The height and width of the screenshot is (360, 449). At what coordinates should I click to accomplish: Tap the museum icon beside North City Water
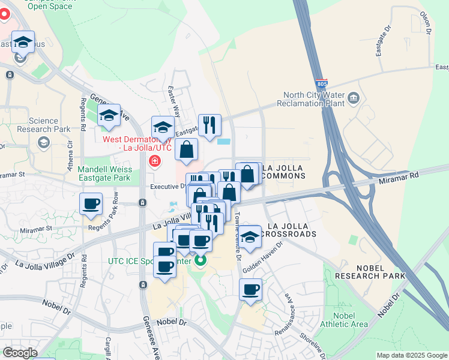pos(352,97)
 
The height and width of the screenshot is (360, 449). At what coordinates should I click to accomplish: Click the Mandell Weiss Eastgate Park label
pos(104,173)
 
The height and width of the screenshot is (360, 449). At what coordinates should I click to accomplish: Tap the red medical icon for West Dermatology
pos(155,161)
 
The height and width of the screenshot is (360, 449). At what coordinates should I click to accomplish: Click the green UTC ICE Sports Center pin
pos(200,260)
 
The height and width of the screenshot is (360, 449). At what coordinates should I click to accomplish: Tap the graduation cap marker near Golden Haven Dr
pos(250,236)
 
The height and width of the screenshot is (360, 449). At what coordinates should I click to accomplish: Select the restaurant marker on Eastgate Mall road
pos(209,125)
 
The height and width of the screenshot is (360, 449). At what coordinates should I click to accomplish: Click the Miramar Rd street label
pos(397,177)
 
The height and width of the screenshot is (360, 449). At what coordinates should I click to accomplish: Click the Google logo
pos(20,353)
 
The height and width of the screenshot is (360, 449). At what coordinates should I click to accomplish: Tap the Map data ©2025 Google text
pos(412,355)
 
